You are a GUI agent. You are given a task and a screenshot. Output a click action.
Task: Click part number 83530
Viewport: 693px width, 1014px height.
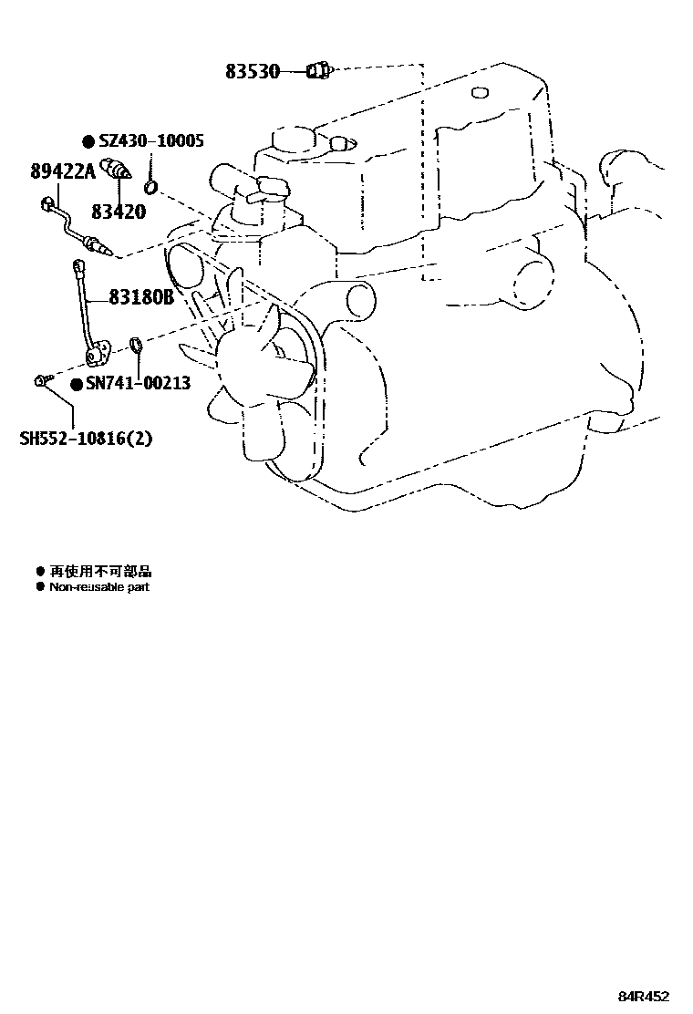pyautogui.click(x=253, y=70)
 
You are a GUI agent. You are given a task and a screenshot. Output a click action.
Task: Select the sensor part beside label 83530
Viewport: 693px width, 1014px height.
pyautogui.click(x=318, y=70)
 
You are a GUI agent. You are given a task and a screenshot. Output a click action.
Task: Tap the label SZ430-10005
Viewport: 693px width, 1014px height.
pyautogui.click(x=150, y=140)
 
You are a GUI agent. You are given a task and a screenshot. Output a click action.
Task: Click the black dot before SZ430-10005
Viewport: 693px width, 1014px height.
pyautogui.click(x=88, y=141)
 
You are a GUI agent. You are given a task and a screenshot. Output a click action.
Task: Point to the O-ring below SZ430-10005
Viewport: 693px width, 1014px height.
pyautogui.click(x=155, y=189)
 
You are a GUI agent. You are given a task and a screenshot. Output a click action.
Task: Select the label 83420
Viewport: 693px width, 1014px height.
pyautogui.click(x=118, y=212)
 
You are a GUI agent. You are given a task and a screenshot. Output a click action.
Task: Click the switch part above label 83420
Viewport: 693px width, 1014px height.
pyautogui.click(x=119, y=170)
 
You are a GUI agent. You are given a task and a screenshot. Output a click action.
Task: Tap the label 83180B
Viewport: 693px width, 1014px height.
pyautogui.click(x=140, y=297)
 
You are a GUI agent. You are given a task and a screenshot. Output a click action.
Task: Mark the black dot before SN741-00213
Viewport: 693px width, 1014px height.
pyautogui.click(x=77, y=384)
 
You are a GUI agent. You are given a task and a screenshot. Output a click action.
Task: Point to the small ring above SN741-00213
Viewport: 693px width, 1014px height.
pyautogui.click(x=135, y=344)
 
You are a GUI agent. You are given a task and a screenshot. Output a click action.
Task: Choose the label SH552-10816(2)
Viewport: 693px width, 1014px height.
pyautogui.click(x=86, y=438)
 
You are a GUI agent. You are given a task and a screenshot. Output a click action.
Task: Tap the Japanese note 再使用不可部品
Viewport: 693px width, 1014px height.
pyautogui.click(x=100, y=572)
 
